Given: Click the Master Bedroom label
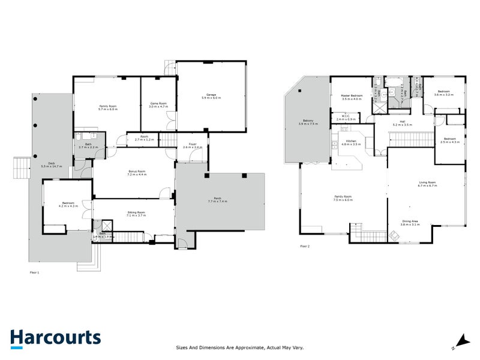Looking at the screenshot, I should (350, 97).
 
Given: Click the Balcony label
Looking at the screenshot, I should (309, 122).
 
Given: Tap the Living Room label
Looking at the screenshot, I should (427, 184).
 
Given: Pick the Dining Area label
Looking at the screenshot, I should (411, 223).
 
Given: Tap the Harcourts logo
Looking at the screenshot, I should (56, 338).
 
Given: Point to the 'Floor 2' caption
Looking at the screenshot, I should (306, 246).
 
